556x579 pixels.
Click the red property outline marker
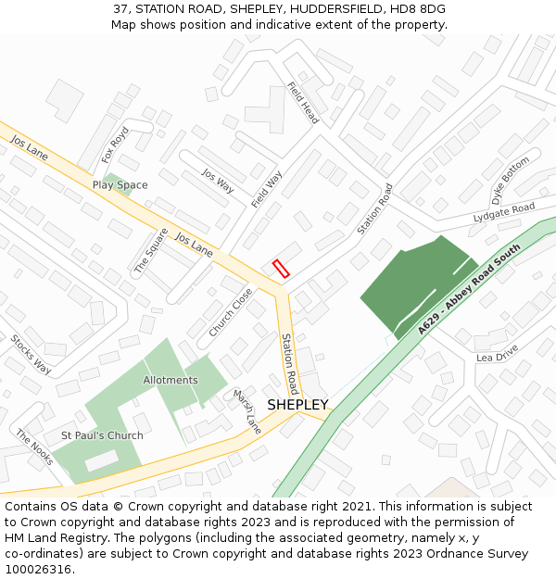[282, 269]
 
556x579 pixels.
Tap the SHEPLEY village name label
[297, 405]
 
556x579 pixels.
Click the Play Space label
[120, 185]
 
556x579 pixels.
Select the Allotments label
[171, 380]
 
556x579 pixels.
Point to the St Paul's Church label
[102, 435]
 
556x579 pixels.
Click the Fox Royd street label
[115, 145]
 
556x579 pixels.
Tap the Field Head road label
[303, 103]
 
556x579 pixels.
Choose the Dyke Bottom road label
[511, 181]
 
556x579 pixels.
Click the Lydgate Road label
[504, 212]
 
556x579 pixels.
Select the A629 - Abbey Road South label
[462, 296]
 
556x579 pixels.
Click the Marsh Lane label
[247, 411]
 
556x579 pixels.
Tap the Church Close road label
[231, 312]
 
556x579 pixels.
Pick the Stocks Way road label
[31, 353]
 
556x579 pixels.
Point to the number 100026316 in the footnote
[37, 570]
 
